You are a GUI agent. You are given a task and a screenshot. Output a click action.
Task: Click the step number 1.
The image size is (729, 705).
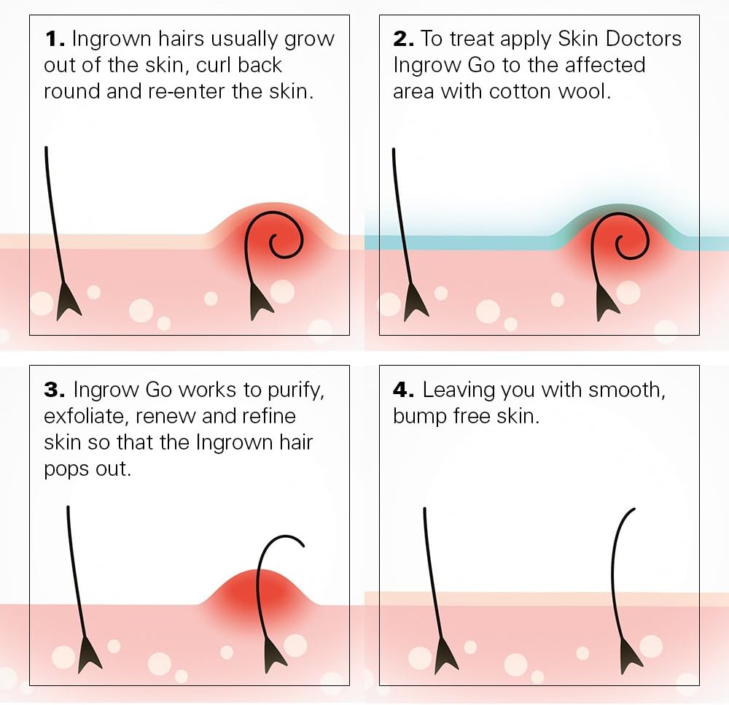(52, 39)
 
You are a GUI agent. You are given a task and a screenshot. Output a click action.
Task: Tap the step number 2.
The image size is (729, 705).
(402, 39)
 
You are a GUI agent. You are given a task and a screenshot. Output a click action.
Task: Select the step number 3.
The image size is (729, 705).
(53, 390)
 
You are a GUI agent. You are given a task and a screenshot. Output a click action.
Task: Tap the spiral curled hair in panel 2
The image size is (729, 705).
(625, 243)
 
